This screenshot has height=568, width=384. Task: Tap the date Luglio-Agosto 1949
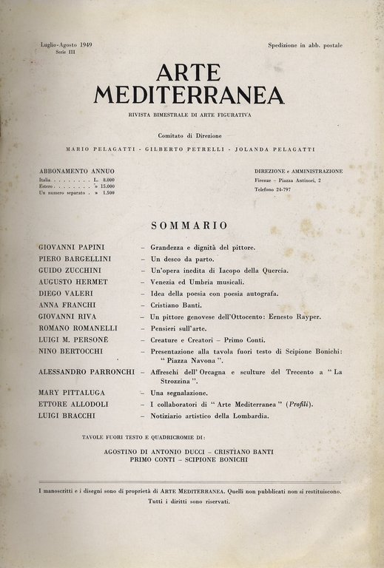pos(71,46)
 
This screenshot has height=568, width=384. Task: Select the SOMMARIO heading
pos(189,225)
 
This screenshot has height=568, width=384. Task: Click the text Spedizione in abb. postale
pos(306,46)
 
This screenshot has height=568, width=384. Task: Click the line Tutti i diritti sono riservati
pos(189,501)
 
